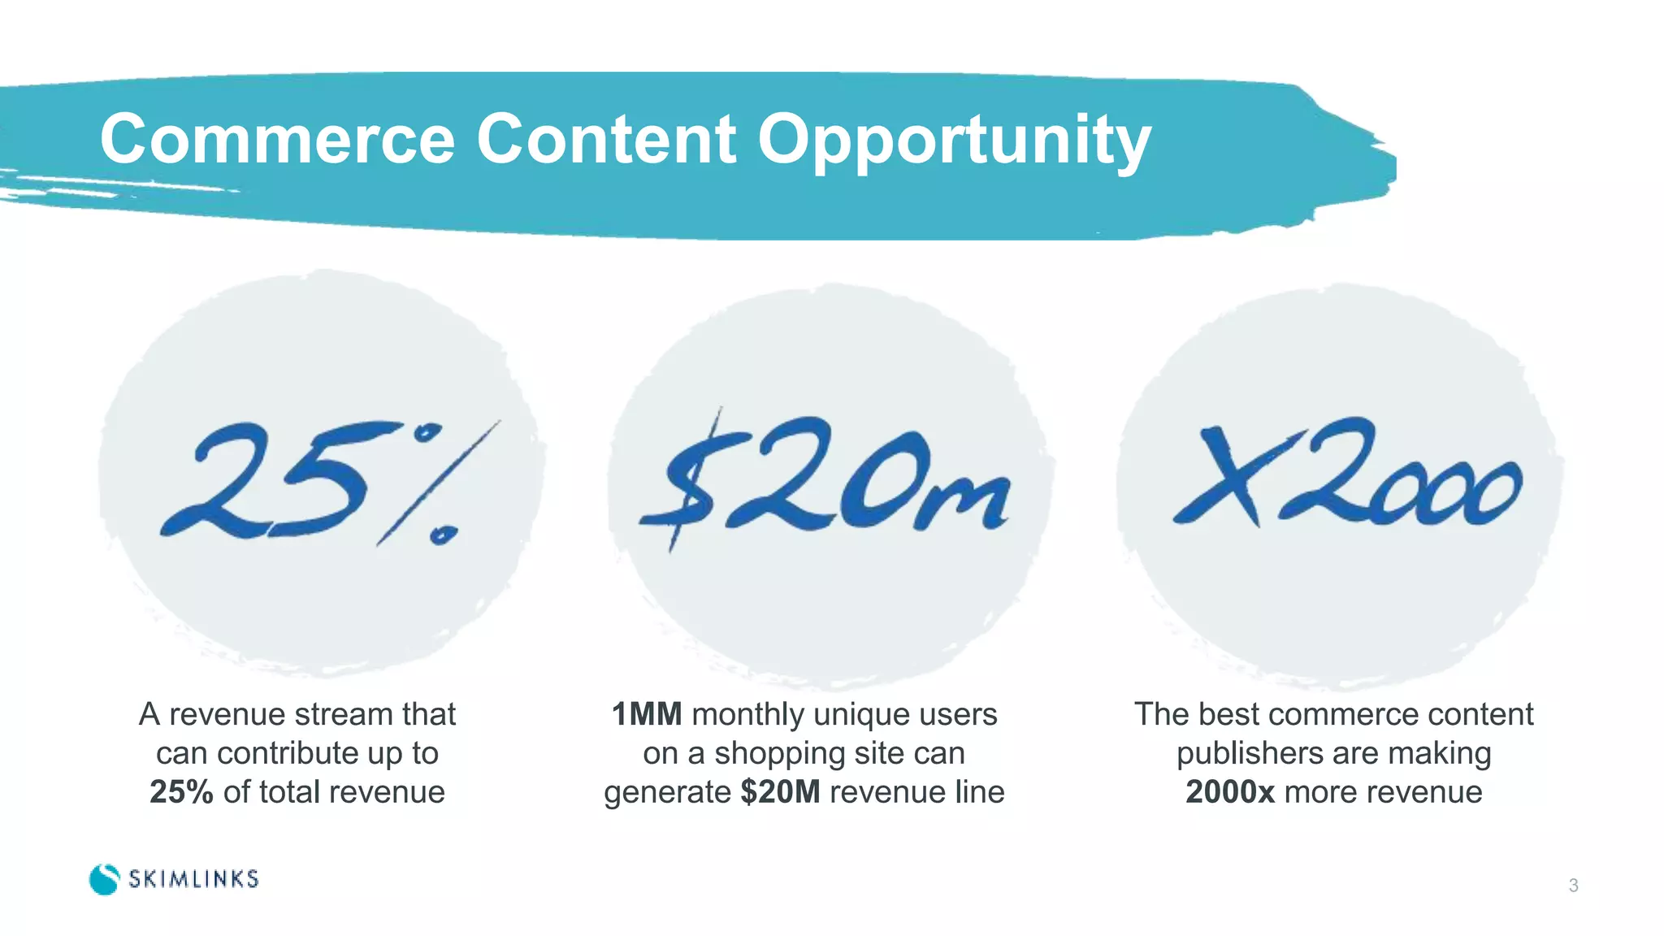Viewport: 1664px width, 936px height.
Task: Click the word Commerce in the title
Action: point(277,140)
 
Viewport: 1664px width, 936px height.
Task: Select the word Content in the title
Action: point(606,140)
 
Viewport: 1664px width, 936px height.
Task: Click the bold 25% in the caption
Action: point(181,792)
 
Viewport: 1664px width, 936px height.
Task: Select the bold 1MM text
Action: point(646,715)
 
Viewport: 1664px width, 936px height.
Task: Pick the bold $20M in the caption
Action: point(780,792)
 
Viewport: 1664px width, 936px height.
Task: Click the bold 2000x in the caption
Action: point(1230,792)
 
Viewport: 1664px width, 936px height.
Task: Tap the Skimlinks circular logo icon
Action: point(104,879)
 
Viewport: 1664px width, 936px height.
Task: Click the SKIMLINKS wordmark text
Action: point(193,879)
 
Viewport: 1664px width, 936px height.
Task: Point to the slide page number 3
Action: point(1573,886)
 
